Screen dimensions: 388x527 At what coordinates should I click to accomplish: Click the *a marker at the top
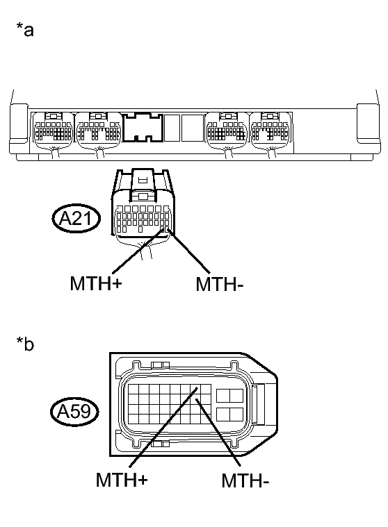(x=25, y=30)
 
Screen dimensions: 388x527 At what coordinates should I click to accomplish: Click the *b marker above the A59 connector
(x=25, y=344)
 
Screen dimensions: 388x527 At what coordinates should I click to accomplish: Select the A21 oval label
(x=76, y=219)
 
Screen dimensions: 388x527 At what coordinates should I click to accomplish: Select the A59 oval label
(x=74, y=411)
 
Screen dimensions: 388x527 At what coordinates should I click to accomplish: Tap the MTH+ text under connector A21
(x=96, y=283)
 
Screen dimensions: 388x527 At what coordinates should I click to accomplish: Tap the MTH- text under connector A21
(x=220, y=285)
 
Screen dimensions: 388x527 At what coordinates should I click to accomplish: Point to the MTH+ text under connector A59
(x=122, y=480)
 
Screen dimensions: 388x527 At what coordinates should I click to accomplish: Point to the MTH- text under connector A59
(x=245, y=480)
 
